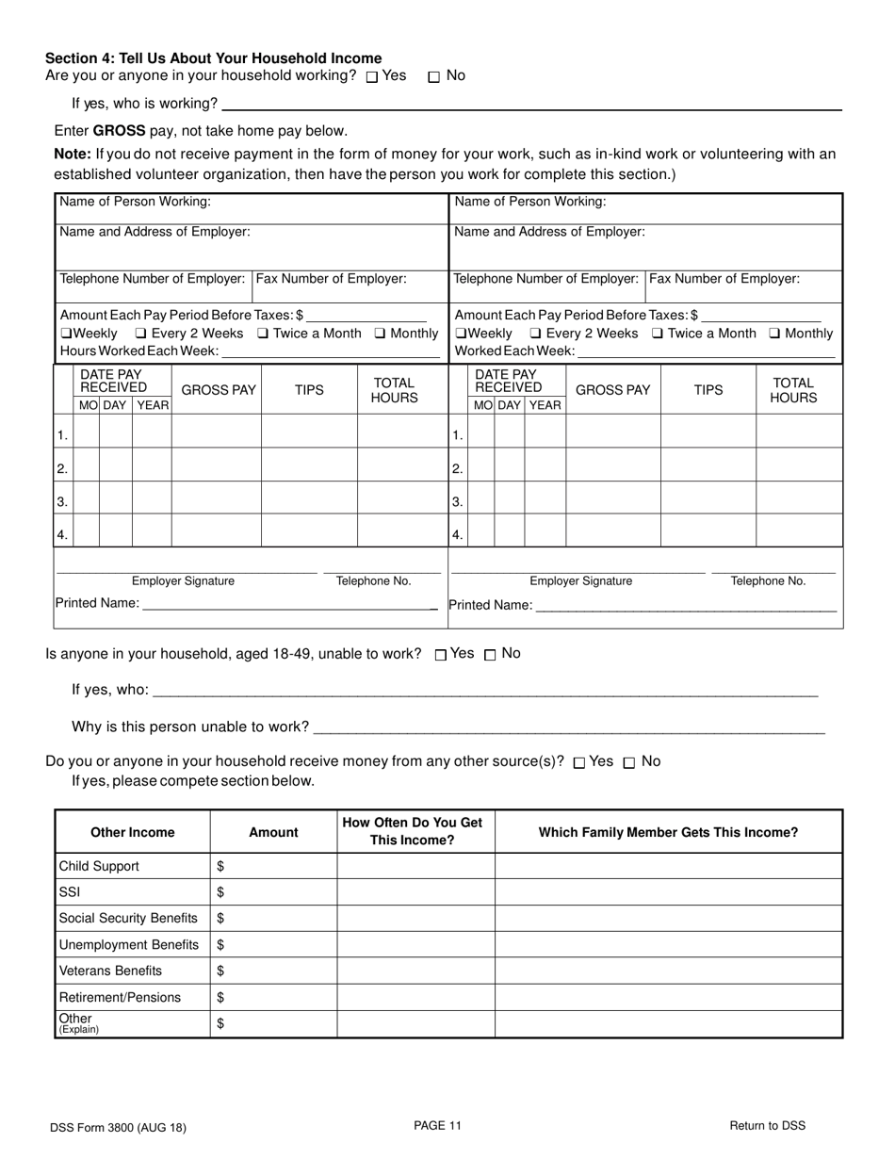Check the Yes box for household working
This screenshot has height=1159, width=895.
372,77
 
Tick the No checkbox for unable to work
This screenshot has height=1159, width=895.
490,655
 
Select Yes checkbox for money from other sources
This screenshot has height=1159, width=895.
578,763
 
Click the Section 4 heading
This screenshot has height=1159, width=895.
214,58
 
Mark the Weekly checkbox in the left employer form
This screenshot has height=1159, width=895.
66,334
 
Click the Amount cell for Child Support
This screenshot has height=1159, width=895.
273,866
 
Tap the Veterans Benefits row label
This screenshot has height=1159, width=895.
110,971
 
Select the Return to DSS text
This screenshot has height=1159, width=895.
767,1125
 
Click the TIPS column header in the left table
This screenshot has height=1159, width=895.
309,390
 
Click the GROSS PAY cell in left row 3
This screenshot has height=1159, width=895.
216,498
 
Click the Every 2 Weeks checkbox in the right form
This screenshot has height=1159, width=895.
535,334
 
